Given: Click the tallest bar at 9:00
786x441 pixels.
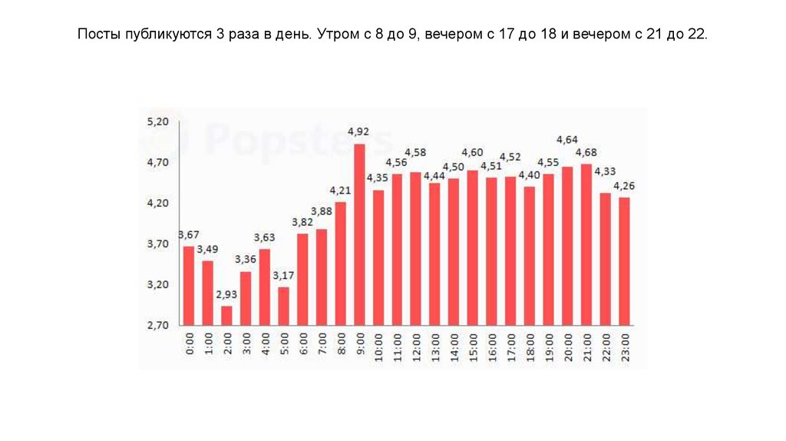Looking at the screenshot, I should tap(358, 234).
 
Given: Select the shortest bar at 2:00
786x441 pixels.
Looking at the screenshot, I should tap(226, 316).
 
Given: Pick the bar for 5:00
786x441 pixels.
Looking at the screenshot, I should tap(283, 306).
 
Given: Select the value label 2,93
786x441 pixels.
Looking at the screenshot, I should tap(226, 294).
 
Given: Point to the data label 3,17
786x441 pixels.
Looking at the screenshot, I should tap(283, 275).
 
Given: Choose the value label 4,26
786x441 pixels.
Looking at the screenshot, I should tap(625, 185).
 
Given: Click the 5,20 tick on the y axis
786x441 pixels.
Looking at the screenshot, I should tap(157, 122).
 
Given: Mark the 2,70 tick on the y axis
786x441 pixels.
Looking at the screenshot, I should tap(157, 326).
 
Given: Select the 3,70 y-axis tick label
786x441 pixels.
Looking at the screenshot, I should tap(157, 244).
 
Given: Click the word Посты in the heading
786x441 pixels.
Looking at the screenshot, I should tap(97, 35).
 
